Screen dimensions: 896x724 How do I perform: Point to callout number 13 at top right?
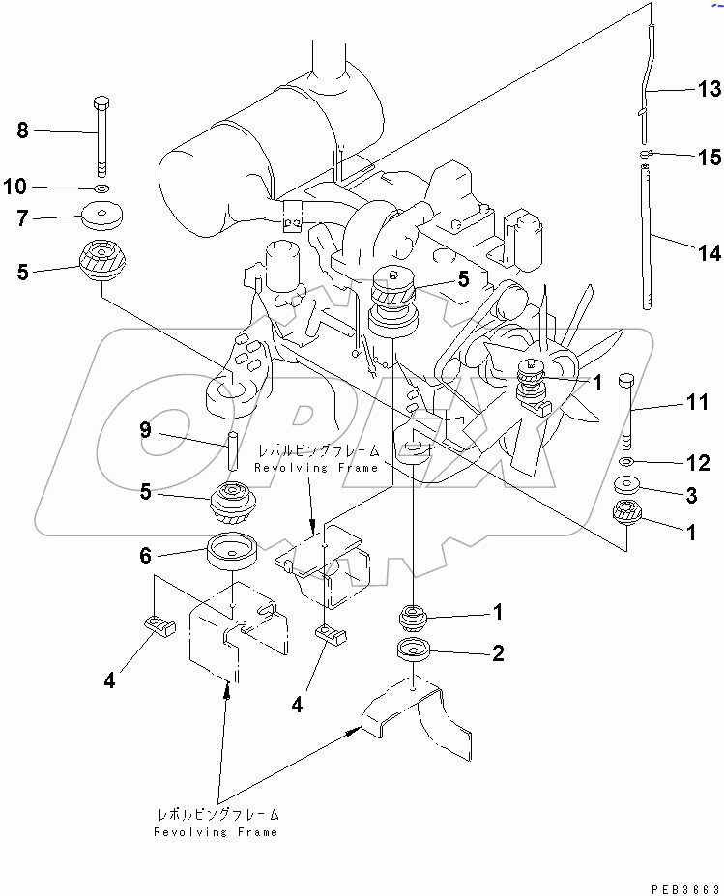coord(709,90)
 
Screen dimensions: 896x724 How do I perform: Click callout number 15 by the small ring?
coord(709,158)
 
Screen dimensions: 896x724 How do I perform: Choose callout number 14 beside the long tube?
coord(709,253)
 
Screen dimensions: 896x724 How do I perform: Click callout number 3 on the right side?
coord(691,496)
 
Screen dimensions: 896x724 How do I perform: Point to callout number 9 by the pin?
coord(145,430)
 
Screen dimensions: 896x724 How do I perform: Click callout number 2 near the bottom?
coord(497,653)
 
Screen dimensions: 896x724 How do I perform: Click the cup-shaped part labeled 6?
coord(233,551)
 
